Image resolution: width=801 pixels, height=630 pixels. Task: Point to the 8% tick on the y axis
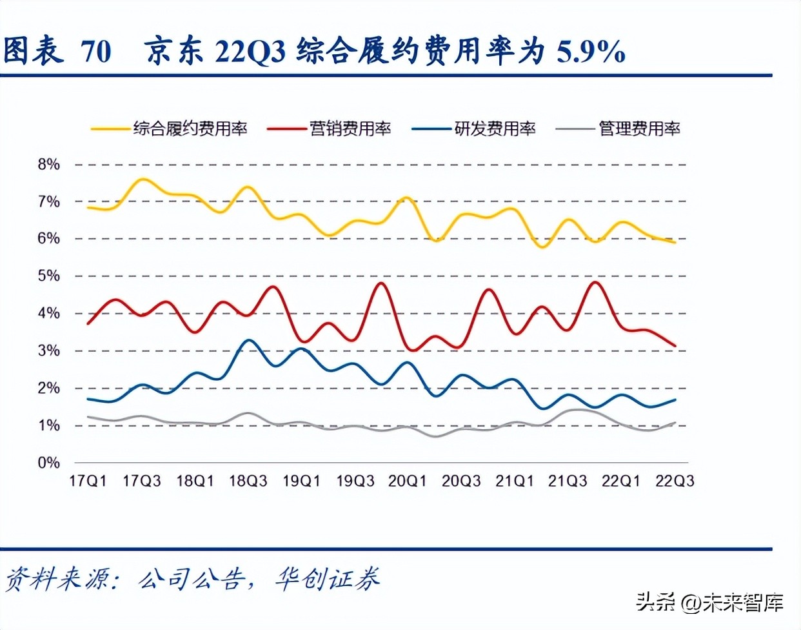[48, 165]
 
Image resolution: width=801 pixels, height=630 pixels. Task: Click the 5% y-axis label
[48, 276]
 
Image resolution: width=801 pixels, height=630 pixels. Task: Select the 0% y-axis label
[48, 463]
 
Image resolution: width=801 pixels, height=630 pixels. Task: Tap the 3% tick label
[48, 351]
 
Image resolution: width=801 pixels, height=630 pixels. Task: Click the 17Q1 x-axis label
[88, 482]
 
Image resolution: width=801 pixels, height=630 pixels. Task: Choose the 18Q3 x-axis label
[248, 482]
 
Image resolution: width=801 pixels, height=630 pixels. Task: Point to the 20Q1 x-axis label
[408, 482]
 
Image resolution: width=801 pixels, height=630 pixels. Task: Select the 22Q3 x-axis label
[675, 482]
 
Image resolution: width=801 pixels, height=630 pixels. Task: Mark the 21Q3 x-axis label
[568, 482]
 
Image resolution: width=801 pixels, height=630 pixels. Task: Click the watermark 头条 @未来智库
[709, 602]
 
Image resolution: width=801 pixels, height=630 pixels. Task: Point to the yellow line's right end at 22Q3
[675, 242]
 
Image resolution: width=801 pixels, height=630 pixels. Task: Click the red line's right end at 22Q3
[675, 346]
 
